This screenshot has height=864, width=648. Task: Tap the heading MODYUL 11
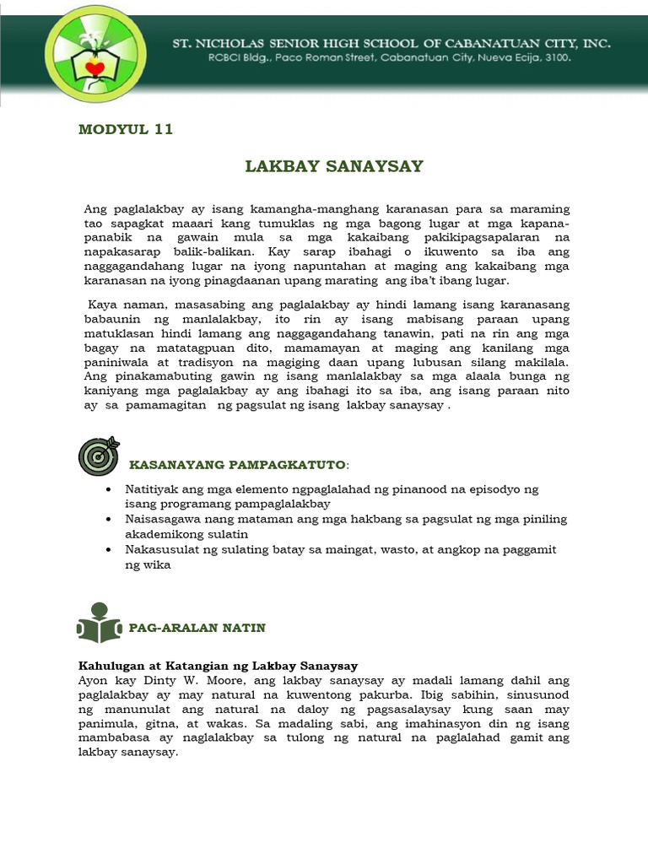coord(125,129)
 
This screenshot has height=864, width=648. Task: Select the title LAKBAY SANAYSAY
coord(333,166)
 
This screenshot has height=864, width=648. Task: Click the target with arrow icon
coord(98,456)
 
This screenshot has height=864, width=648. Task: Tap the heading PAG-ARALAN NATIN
coord(197,627)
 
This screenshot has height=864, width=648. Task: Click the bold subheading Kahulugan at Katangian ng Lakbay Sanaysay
coord(219,664)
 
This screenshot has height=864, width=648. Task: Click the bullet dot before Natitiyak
coord(111,490)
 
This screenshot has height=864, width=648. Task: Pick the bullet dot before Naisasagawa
coord(111,520)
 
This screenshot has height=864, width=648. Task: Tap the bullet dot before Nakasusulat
coord(111,550)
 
